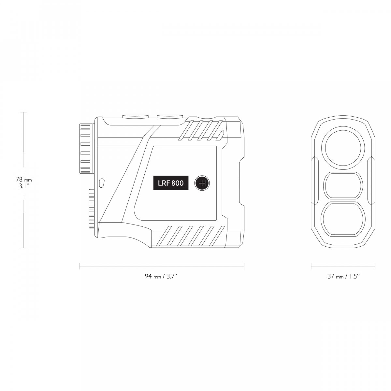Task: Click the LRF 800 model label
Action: (171, 183)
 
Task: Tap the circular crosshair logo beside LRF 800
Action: (202, 183)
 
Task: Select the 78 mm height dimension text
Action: (24, 179)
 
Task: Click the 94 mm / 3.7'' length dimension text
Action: (161, 276)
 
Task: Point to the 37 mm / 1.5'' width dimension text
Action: (343, 276)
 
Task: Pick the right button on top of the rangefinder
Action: (170, 116)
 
